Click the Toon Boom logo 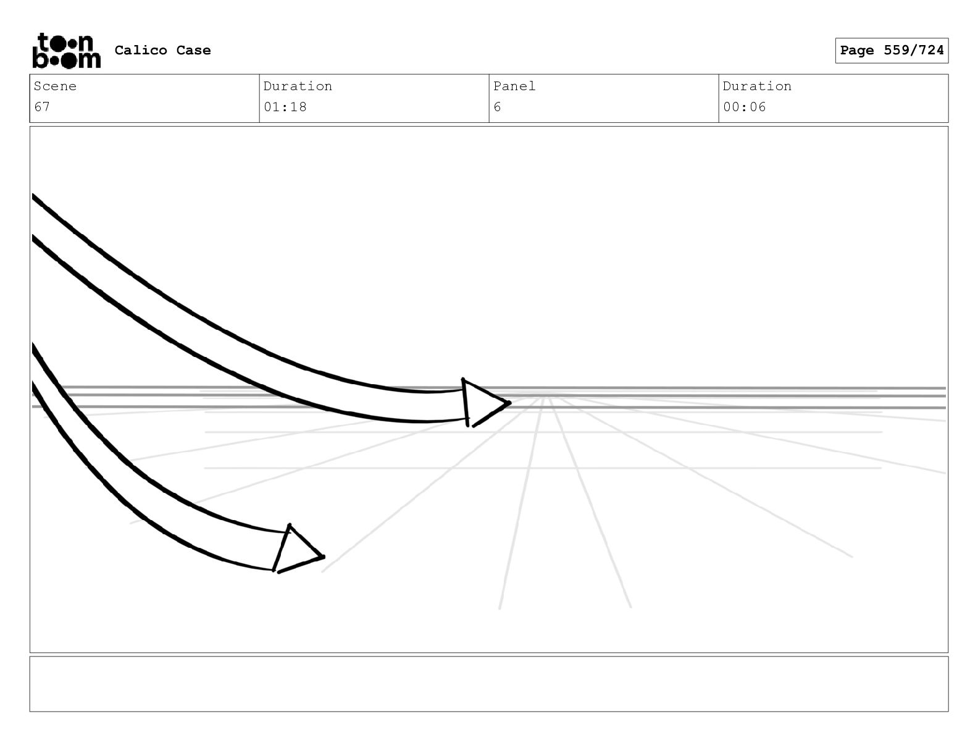pos(66,50)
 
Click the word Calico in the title pos(141,50)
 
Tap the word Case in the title pos(193,50)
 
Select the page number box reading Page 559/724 pos(892,51)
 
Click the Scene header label pos(55,86)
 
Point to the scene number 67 pos(42,107)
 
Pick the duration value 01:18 pos(285,107)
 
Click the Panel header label pos(514,86)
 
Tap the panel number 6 pos(497,107)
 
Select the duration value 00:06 pos(745,107)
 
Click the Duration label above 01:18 pos(298,86)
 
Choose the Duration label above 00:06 pos(757,86)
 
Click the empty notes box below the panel pos(488,684)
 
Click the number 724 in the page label pos(931,51)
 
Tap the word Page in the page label pos(857,51)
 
